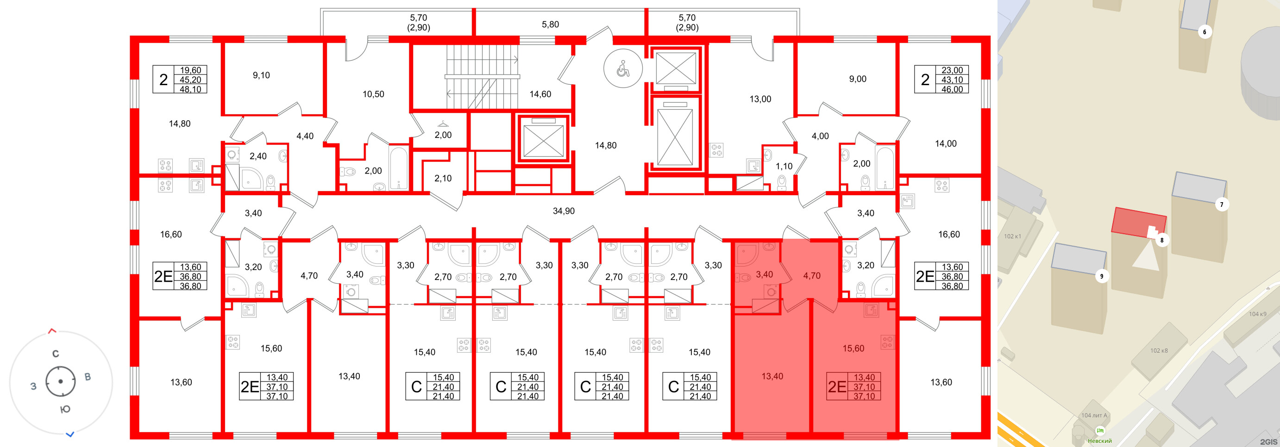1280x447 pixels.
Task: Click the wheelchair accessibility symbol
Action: tap(622, 68)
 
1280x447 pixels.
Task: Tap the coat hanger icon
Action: tap(443, 124)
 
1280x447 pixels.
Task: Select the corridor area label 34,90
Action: tap(564, 211)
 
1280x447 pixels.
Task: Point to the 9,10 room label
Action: tap(261, 75)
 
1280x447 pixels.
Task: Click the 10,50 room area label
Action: tap(373, 94)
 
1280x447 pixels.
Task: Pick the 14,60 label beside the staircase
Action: tap(540, 94)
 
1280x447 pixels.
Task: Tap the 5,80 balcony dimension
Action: tap(550, 25)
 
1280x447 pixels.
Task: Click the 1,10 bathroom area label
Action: tap(784, 167)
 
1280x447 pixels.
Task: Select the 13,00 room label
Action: tap(760, 99)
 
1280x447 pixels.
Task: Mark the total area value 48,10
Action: tap(190, 89)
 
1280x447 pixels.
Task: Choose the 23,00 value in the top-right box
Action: tap(952, 70)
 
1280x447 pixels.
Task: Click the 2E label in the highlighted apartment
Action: tap(837, 387)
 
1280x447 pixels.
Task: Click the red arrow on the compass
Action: tap(52, 330)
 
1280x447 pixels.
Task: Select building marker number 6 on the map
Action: tap(1205, 32)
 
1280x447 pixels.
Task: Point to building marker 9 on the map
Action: tap(1102, 276)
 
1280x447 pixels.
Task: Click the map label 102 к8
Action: tap(1159, 351)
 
